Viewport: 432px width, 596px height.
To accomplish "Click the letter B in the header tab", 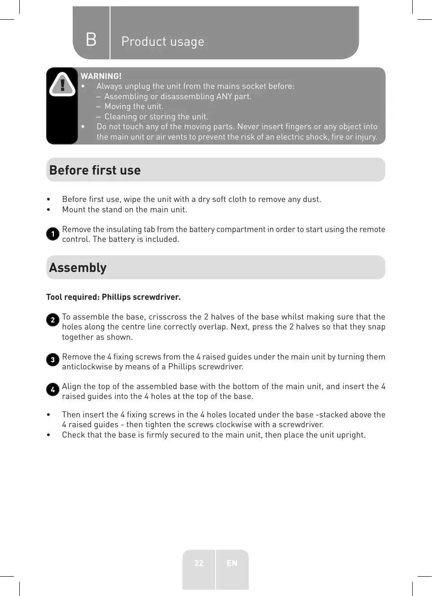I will click(91, 40).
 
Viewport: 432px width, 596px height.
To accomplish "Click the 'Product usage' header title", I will click(163, 42).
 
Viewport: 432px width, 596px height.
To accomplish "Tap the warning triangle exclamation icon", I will click(62, 84).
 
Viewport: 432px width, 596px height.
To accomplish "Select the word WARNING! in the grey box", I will click(101, 76).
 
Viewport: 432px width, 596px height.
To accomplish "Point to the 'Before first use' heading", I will click(95, 171).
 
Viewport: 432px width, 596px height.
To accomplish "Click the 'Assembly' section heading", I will click(78, 268).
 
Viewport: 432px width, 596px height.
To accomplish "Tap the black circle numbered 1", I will click(53, 234).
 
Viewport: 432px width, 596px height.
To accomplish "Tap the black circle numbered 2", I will click(53, 320).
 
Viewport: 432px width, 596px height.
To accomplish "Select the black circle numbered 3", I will click(53, 360).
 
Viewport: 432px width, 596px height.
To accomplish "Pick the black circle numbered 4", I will click(53, 390).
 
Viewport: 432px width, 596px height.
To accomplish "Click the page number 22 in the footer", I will click(199, 563).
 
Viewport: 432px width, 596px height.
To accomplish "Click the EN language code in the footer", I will click(232, 563).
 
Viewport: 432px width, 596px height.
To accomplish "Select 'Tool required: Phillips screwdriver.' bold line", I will click(114, 297).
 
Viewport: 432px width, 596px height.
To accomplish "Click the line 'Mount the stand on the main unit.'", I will click(124, 210).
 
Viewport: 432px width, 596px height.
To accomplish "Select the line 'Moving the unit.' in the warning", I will click(134, 107).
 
